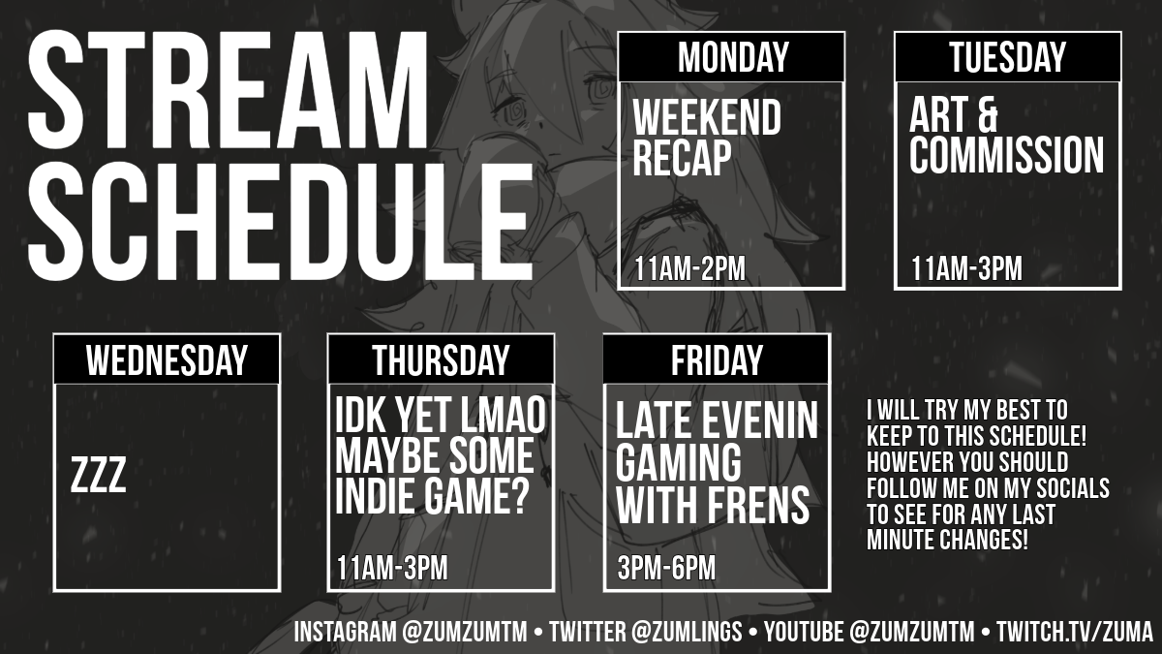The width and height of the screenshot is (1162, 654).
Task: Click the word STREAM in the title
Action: click(x=228, y=91)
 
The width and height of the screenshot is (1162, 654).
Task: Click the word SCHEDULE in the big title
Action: click(x=281, y=222)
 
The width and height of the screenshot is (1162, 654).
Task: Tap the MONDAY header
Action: click(x=732, y=57)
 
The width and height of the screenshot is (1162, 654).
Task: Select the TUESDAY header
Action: click(x=1007, y=57)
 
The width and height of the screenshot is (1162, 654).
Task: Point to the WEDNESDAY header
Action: click(x=167, y=360)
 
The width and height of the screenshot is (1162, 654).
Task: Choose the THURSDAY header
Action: click(x=441, y=360)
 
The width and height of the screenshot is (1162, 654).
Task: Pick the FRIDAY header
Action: click(x=717, y=360)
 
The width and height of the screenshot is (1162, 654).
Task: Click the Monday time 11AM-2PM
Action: click(x=689, y=269)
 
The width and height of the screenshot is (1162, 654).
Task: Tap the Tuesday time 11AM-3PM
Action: click(x=966, y=269)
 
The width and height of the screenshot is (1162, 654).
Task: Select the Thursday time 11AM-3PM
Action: click(x=392, y=568)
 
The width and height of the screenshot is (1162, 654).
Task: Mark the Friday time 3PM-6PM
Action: click(x=666, y=568)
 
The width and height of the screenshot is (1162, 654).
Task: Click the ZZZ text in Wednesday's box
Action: click(x=98, y=475)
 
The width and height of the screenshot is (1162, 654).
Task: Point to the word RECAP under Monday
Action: click(x=682, y=158)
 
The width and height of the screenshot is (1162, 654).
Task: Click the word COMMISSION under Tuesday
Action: click(x=1006, y=155)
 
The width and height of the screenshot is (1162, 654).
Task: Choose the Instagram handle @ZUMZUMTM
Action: click(x=464, y=632)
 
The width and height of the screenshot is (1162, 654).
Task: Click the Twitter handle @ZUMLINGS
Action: click(x=687, y=632)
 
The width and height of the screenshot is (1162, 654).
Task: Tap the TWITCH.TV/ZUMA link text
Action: click(x=1075, y=632)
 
